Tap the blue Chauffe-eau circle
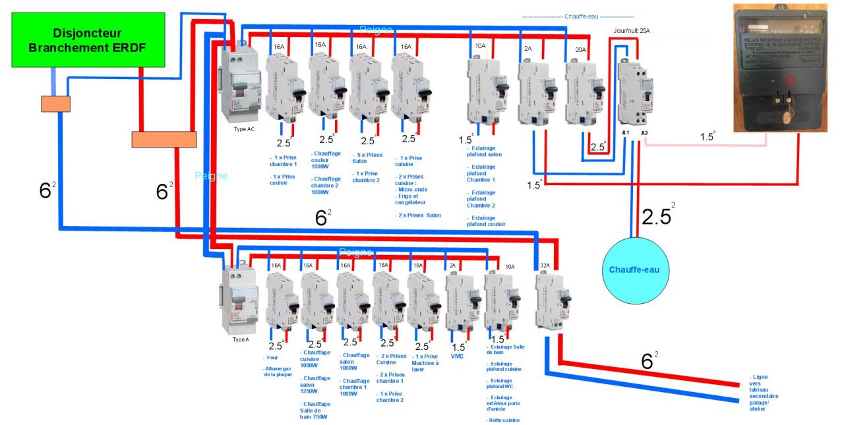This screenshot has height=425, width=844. click(634, 269)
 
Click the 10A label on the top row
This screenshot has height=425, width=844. click(479, 47)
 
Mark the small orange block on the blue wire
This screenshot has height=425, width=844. click(55, 104)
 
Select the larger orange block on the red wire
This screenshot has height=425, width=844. click(164, 139)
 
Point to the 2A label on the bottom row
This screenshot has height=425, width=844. click(452, 265)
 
